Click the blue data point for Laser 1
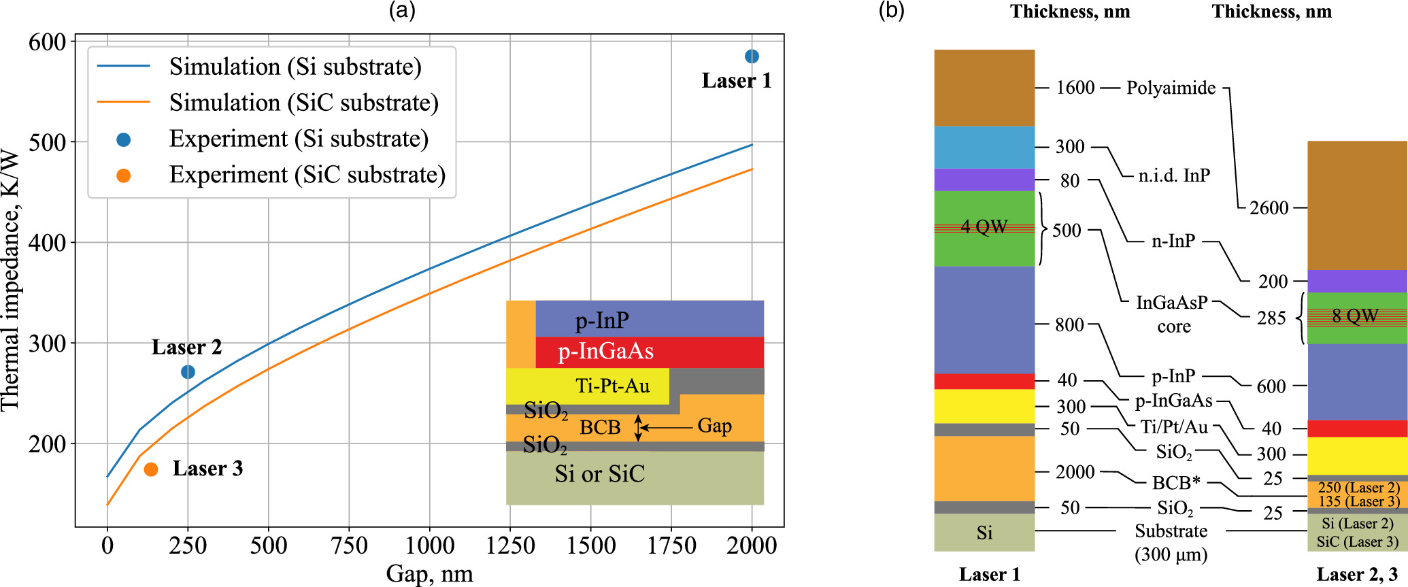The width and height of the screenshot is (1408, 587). coord(752,56)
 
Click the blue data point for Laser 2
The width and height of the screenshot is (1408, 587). coord(188,372)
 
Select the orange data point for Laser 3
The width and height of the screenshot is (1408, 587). coord(151,469)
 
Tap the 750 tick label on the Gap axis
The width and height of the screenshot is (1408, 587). coord(349,546)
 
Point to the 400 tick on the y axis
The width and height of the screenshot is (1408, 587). coord(47,243)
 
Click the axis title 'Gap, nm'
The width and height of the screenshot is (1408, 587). coord(429,573)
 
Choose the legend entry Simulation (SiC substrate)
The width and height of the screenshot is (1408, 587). coord(303,103)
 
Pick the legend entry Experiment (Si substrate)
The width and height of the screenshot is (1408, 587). coord(299,139)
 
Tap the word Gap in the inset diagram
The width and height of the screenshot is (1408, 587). coord(714,426)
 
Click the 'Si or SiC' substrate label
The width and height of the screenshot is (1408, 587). coord(599,473)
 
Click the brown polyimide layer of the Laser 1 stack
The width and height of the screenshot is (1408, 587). coord(984,87)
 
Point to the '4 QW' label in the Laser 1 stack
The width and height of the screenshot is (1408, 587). coord(984,227)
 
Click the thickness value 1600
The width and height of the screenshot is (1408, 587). coord(1075,88)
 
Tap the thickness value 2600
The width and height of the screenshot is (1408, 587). coord(1269,207)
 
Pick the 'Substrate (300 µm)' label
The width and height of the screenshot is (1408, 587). coord(1171,542)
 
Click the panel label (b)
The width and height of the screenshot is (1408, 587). coord(891,10)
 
